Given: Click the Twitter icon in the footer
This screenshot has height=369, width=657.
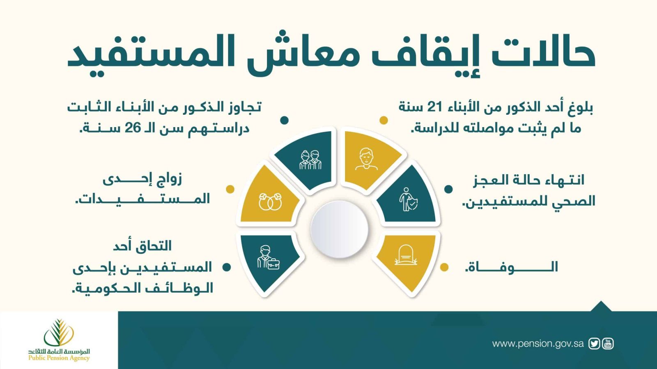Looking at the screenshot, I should click(594, 344).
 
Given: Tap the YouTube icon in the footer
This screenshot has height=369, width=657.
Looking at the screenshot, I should click(608, 344).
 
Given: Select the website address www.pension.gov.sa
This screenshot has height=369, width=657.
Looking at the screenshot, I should click(538, 344).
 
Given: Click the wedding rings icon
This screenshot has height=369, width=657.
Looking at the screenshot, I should click(270, 201).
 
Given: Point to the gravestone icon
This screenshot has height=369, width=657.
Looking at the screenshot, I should click(405, 255).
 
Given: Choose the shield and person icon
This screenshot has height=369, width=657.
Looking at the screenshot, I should click(408, 200).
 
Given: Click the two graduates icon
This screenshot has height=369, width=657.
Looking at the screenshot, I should click(310, 160).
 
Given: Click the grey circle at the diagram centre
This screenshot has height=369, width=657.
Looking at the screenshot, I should click(339, 230).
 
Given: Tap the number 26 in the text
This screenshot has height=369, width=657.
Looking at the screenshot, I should click(133, 128).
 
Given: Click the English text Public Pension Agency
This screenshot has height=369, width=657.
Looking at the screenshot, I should click(59, 358).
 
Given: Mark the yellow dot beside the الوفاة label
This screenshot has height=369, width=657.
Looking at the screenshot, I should click(444, 267).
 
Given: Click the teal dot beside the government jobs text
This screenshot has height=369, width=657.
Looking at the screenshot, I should click(226, 267).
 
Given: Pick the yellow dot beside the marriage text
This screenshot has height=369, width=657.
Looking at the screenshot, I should click(230, 189).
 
